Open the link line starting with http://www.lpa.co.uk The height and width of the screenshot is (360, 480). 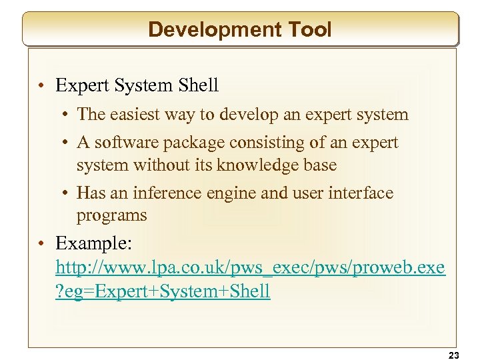coord(250,268)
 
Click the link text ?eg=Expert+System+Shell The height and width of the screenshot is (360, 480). coord(163,291)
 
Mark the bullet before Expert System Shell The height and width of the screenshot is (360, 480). coord(42,86)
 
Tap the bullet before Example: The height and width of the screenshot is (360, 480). coord(42,242)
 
